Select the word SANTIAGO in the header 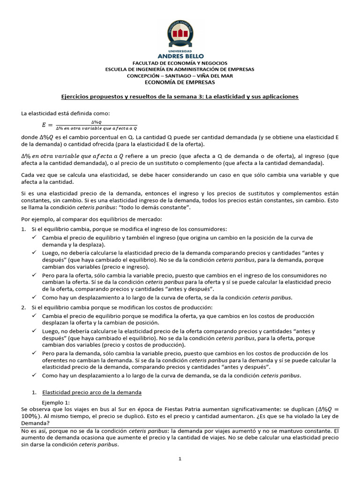coord(180,75)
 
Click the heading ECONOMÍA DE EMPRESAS coord(180,82)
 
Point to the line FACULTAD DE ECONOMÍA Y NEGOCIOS coord(180,63)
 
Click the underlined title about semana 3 coord(180,97)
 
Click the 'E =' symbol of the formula coord(47,125)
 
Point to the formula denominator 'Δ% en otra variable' coord(96,128)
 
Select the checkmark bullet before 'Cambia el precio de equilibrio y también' coord(34,238)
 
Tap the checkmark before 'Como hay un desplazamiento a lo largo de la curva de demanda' coord(34,375)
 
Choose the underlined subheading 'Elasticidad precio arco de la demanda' coord(92,392)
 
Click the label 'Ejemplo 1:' coord(56,403)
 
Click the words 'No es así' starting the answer coord(31,430)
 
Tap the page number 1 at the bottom coord(180,459)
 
